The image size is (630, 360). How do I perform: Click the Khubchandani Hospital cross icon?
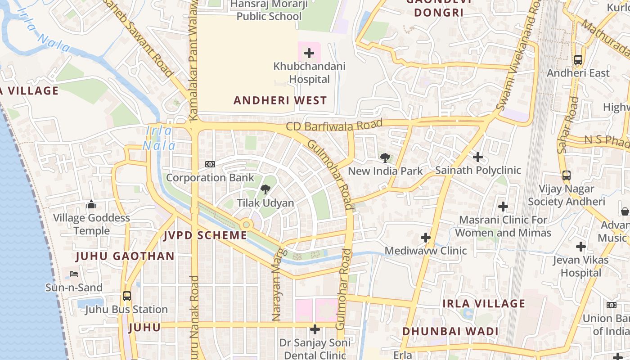pyautogui.click(x=309, y=54)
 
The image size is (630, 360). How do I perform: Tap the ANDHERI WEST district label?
pyautogui.click(x=280, y=100)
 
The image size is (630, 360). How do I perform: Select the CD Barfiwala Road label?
pyautogui.click(x=334, y=125)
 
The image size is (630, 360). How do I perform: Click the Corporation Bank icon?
pyautogui.click(x=210, y=164)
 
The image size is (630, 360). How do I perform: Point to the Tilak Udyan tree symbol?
pyautogui.click(x=265, y=189)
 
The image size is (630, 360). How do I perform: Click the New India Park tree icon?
pyautogui.click(x=385, y=157)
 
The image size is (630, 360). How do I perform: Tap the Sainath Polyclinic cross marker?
pyautogui.click(x=478, y=157)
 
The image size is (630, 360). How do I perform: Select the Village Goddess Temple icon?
pyautogui.click(x=91, y=205)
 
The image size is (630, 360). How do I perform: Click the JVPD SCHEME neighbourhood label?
pyautogui.click(x=205, y=235)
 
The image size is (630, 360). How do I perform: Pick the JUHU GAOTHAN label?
pyautogui.click(x=125, y=256)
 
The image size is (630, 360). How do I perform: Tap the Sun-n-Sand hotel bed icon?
pyautogui.click(x=74, y=274)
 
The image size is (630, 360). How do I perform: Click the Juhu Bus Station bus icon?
pyautogui.click(x=127, y=296)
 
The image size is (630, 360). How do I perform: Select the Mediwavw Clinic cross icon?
pyautogui.click(x=425, y=237)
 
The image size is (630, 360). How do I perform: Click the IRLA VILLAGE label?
pyautogui.click(x=484, y=303)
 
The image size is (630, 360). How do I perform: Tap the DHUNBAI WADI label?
pyautogui.click(x=450, y=332)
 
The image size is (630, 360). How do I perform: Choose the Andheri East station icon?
pyautogui.click(x=578, y=59)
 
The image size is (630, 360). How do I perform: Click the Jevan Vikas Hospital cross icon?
pyautogui.click(x=581, y=247)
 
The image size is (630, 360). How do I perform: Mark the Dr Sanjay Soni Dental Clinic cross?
pyautogui.click(x=315, y=329)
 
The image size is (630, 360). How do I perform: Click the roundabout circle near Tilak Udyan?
pyautogui.click(x=246, y=225)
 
